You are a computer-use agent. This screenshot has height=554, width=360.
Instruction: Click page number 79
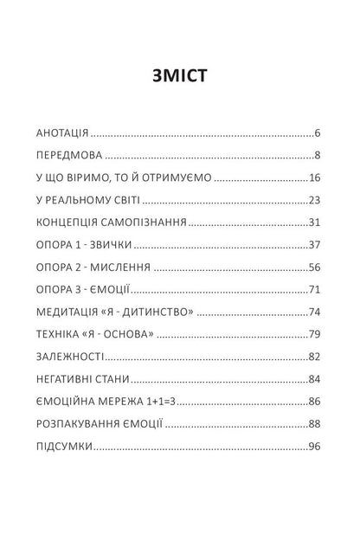315,335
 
